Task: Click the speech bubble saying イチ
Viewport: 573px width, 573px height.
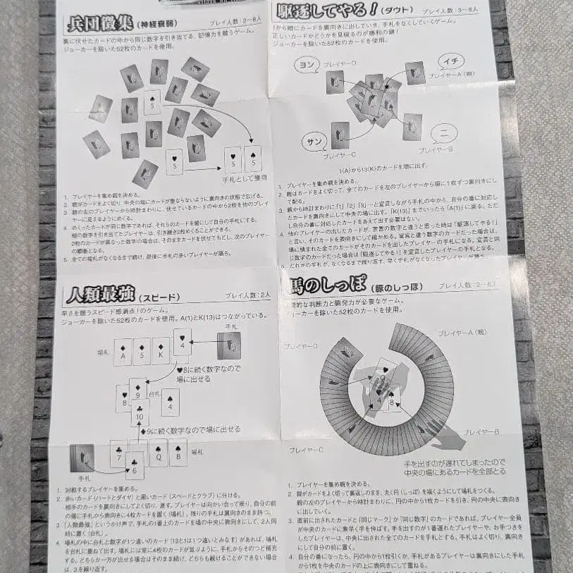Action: point(450,62)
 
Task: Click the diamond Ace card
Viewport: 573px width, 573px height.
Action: point(123,351)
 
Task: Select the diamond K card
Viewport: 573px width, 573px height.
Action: point(161,350)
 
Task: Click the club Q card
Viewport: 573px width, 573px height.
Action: point(159,452)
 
